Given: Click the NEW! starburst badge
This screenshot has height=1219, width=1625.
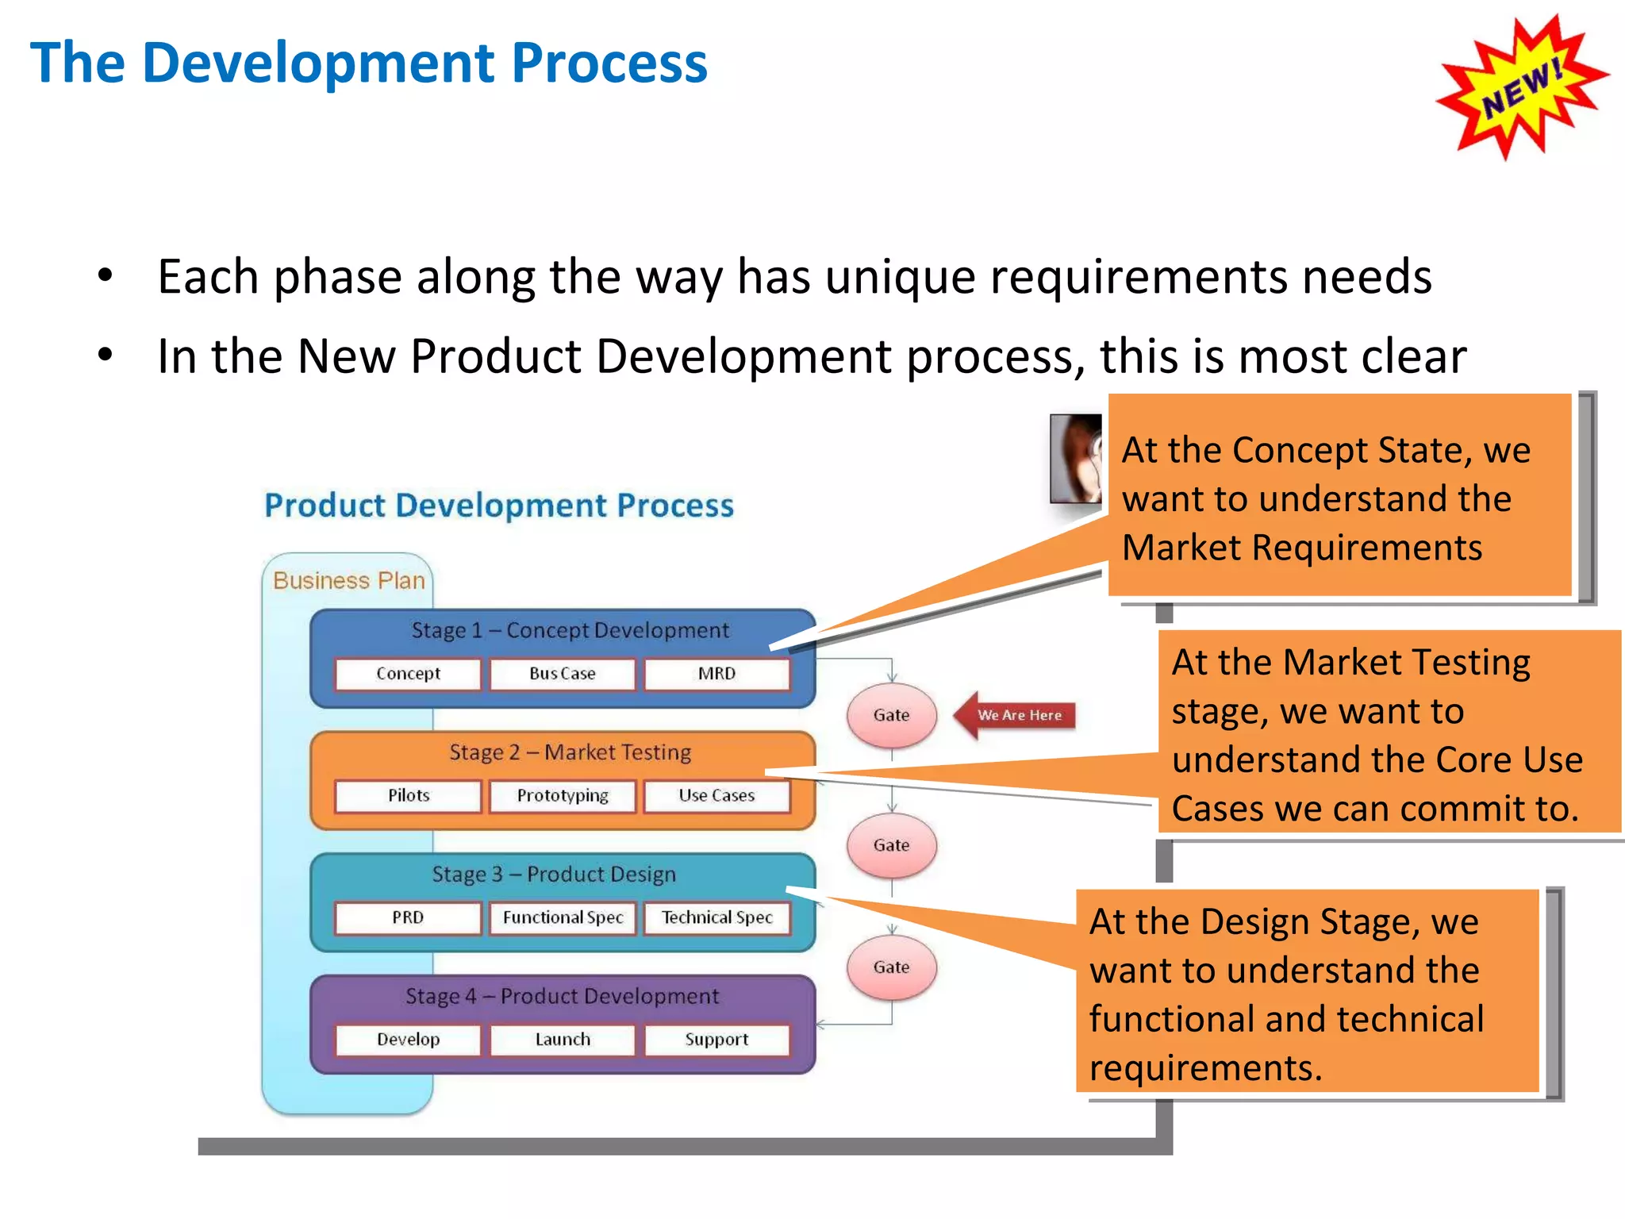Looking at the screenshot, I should click(1522, 87).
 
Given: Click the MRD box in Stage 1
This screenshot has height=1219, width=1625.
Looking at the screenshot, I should click(716, 674).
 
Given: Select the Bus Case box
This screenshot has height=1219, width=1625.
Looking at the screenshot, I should click(563, 674).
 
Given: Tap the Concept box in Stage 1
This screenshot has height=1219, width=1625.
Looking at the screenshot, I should click(408, 674).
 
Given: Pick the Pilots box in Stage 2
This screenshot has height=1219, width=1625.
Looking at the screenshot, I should click(408, 796).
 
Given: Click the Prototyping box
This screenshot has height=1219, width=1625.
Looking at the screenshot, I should click(563, 796).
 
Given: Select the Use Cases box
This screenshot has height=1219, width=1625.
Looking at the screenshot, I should click(716, 796).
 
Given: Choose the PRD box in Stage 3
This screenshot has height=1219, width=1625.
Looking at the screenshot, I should click(408, 918).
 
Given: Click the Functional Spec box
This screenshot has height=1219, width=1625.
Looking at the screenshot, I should click(563, 918).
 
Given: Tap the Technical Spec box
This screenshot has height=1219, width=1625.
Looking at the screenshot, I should click(716, 918).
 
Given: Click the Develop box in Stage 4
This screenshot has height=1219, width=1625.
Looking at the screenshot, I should click(408, 1040).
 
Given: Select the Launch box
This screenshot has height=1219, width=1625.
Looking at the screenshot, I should click(563, 1040).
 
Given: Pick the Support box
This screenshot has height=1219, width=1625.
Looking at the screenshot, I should click(716, 1040).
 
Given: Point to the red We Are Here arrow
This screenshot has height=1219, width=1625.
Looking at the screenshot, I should click(1016, 715).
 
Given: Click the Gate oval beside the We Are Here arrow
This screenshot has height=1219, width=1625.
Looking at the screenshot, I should click(891, 715).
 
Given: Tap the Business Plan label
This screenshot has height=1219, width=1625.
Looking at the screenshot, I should click(349, 581).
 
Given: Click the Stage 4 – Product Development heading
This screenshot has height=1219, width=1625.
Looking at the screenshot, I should click(562, 997).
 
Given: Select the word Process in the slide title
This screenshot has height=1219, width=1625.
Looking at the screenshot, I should click(609, 63).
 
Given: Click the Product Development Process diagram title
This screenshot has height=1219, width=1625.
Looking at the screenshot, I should click(498, 506).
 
